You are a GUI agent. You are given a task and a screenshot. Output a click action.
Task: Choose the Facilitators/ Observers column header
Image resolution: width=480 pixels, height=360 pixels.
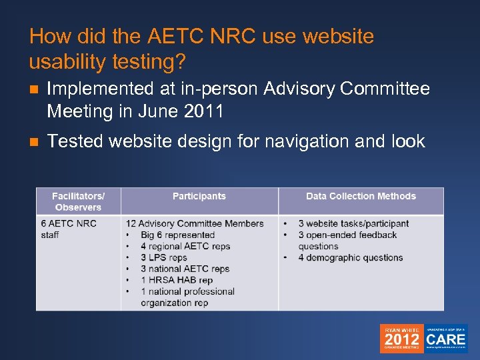(x=78, y=201)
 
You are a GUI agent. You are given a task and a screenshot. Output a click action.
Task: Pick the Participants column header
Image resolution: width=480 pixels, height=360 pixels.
(x=199, y=196)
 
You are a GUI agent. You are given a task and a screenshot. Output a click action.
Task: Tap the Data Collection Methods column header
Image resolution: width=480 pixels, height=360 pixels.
(x=361, y=196)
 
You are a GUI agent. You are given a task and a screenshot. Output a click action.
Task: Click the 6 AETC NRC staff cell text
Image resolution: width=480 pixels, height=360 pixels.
(x=69, y=229)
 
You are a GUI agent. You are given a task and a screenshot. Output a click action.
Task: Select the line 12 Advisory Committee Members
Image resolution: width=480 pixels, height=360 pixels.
(x=195, y=223)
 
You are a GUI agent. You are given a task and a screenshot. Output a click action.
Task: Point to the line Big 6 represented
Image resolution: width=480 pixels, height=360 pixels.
(x=177, y=235)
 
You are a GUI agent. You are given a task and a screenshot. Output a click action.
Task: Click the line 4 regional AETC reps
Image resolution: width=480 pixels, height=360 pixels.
(x=185, y=246)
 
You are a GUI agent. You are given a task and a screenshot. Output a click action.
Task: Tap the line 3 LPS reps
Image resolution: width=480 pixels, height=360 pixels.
(x=164, y=257)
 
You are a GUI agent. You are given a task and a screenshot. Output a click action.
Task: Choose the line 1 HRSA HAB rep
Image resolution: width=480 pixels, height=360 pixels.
(x=177, y=280)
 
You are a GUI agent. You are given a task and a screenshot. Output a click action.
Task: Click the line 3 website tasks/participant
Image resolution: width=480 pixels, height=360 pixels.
(x=353, y=223)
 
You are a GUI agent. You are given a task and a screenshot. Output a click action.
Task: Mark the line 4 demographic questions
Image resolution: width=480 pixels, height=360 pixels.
(x=351, y=257)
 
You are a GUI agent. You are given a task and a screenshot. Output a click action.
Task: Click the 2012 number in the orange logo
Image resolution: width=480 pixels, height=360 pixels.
(x=402, y=340)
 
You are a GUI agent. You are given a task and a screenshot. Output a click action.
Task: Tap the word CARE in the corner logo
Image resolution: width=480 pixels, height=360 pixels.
(x=446, y=337)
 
